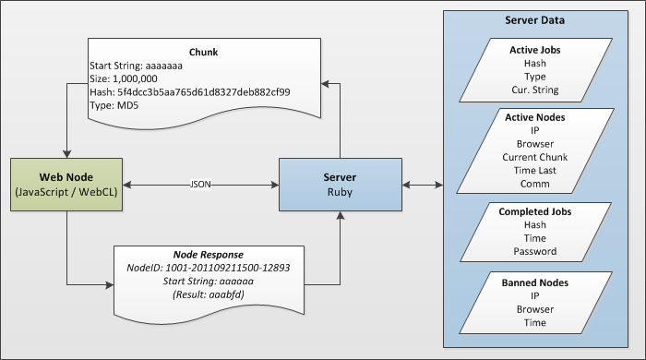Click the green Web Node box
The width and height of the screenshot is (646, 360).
pos(66,185)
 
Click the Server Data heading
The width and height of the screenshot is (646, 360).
pos(535,20)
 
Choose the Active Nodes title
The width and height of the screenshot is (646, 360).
pos(535,118)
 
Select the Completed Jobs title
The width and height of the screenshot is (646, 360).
pos(535,212)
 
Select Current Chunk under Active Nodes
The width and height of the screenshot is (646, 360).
pos(535,158)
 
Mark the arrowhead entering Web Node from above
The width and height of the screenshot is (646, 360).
pos(66,153)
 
